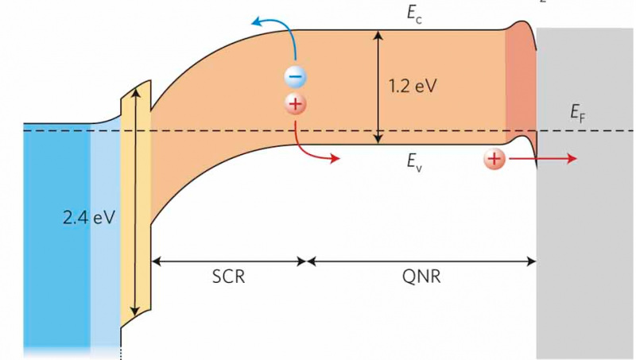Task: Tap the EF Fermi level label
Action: [x=577, y=115]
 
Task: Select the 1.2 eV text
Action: [x=413, y=86]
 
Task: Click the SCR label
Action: [x=229, y=278]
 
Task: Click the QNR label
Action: [x=419, y=278]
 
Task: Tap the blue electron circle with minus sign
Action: [x=294, y=77]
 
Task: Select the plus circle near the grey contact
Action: [x=494, y=160]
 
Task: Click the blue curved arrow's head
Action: [x=257, y=23]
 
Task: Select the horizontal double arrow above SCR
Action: [x=229, y=260]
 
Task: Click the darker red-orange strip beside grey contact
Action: [x=520, y=87]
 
